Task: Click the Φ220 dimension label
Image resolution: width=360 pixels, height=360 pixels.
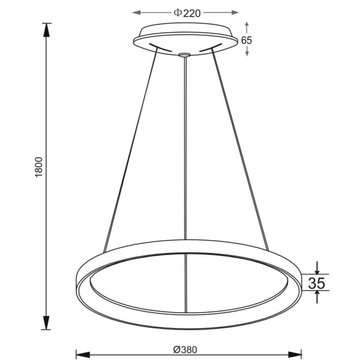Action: tap(185, 11)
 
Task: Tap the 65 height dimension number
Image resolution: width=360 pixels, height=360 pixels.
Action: tap(247, 40)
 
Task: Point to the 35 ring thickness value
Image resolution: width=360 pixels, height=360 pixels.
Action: tap(317, 283)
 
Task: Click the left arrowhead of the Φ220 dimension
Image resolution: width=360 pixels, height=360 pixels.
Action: tap(135, 11)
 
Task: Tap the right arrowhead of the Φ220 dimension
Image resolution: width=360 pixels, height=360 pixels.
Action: tap(235, 11)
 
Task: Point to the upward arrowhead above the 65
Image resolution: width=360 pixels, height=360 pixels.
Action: tap(247, 26)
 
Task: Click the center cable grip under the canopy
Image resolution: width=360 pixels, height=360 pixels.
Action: tap(185, 56)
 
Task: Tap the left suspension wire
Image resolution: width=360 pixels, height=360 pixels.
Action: tap(130, 150)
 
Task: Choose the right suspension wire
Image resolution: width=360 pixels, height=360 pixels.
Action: tap(240, 150)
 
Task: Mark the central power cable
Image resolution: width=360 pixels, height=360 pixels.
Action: tap(186, 150)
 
